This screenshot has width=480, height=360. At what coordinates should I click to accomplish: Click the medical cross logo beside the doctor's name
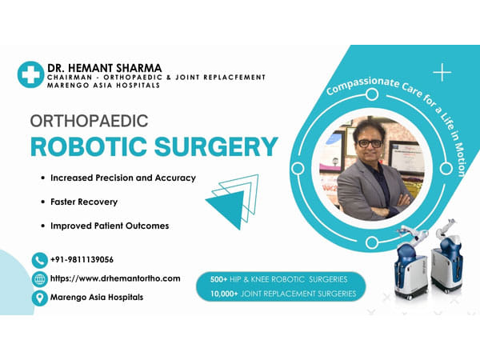point(30,74)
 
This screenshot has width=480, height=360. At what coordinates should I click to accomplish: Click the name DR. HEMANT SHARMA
point(103,67)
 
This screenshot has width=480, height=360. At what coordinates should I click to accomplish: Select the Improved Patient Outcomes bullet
point(110,226)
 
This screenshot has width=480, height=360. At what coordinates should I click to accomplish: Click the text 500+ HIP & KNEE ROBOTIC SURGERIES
point(278,280)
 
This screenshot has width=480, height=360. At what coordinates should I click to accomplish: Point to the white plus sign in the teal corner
point(442,73)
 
